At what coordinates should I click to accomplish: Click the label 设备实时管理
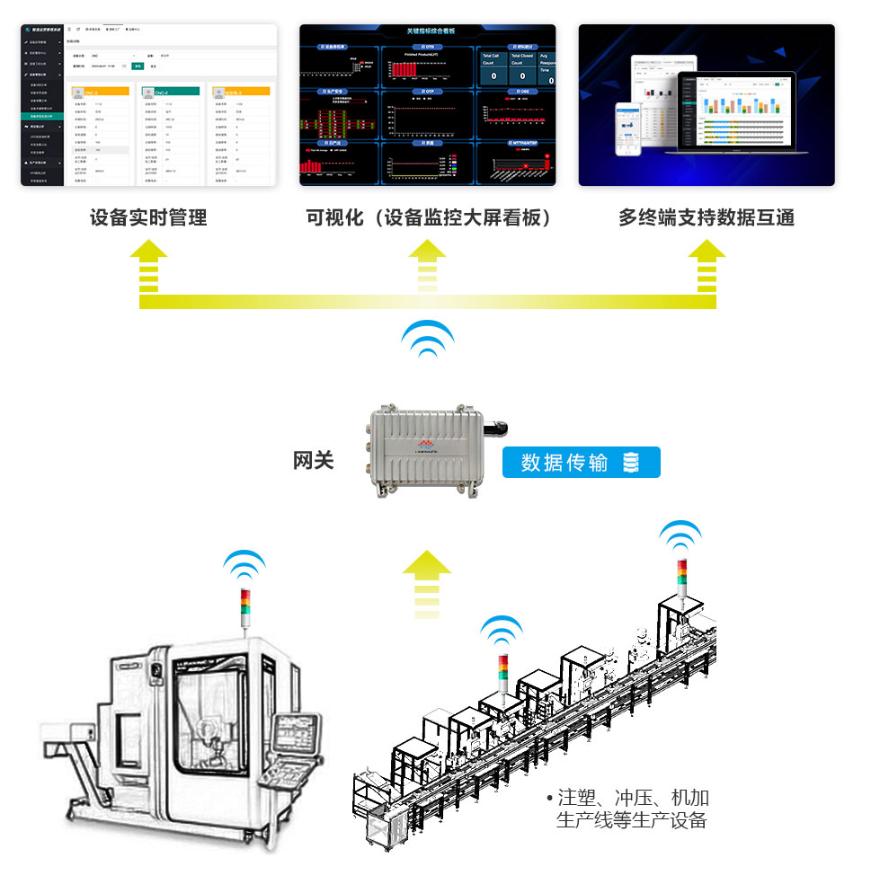pyautogui.click(x=148, y=218)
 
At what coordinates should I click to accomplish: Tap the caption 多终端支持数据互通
pyautogui.click(x=707, y=218)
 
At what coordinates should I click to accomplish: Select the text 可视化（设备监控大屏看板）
pyautogui.click(x=428, y=218)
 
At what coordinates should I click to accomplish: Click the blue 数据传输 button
pyautogui.click(x=581, y=463)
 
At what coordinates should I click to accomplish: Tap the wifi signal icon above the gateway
pyautogui.click(x=427, y=339)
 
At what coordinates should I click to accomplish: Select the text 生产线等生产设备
pyautogui.click(x=632, y=820)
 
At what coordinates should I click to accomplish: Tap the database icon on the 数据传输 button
pyautogui.click(x=631, y=463)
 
